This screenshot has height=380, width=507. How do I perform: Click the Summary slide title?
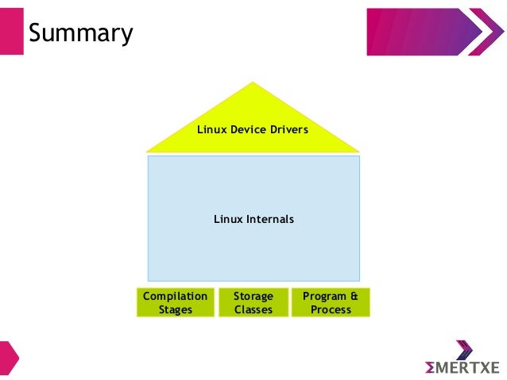pos(80,33)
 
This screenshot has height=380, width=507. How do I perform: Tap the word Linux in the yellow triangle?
pos(211,129)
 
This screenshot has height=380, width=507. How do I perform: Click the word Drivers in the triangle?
pos(288,129)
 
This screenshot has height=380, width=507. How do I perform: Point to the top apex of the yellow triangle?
pos(253,83)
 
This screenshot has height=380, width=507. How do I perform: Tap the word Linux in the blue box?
pos(226,218)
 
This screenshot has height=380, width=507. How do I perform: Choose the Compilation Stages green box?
pos(175,302)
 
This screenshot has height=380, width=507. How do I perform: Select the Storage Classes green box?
pos(253,302)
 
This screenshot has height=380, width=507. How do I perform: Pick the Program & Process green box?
pos(331,302)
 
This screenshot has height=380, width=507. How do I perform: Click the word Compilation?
pos(175,296)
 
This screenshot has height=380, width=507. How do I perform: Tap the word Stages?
pos(175,309)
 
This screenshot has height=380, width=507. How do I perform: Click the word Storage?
pos(253,296)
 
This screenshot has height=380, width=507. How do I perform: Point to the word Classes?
pos(253,309)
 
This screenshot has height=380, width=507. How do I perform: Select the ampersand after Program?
pos(354,296)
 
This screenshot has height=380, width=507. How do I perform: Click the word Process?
pos(331,309)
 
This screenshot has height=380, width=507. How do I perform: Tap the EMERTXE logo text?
pos(462,367)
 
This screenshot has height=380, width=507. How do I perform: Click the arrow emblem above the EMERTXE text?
pos(464,350)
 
